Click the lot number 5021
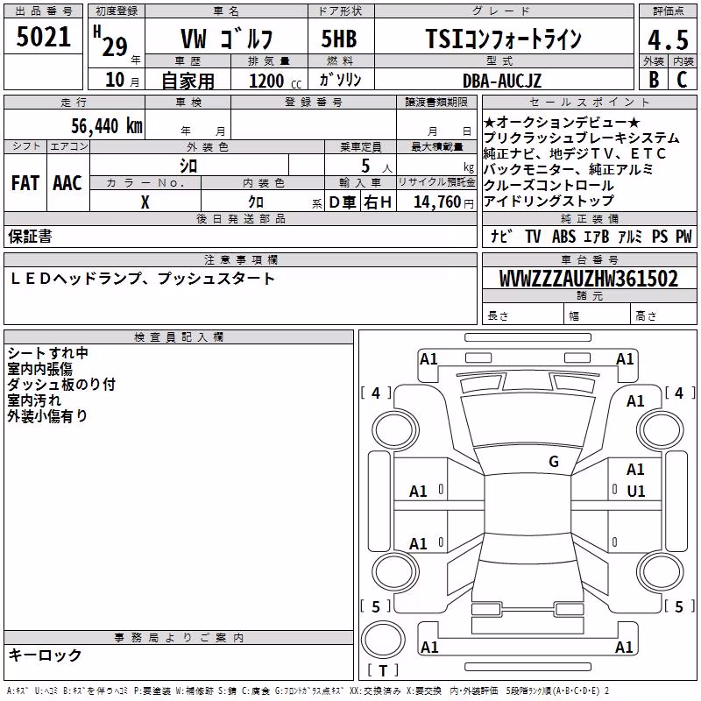pos(43,37)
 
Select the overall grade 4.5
pos(668,40)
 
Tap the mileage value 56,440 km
pos(107,126)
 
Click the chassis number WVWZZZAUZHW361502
pos(589,279)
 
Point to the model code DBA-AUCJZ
pos(502,81)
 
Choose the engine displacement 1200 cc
pos(275,81)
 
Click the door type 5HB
pos(339,39)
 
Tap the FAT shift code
pos(25,183)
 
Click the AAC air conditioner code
pos(67,183)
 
